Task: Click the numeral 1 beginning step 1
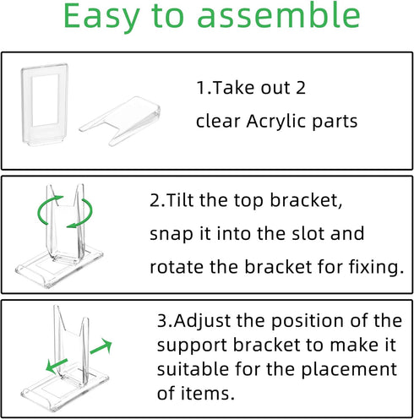point(200,88)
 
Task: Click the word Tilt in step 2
point(181,200)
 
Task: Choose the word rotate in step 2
point(175,267)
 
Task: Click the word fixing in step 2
point(373,267)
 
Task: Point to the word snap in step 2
point(170,233)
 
